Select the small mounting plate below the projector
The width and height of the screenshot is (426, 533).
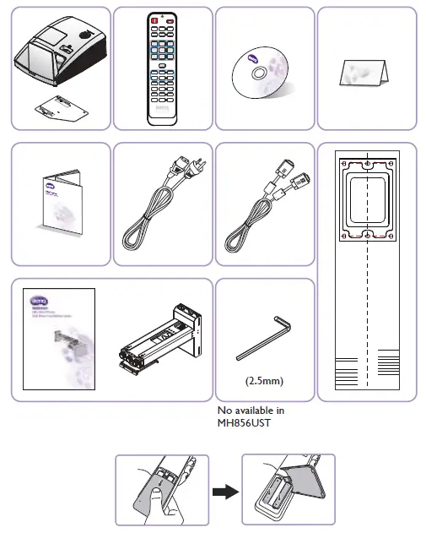57,108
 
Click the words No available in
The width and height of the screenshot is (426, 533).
251,411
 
